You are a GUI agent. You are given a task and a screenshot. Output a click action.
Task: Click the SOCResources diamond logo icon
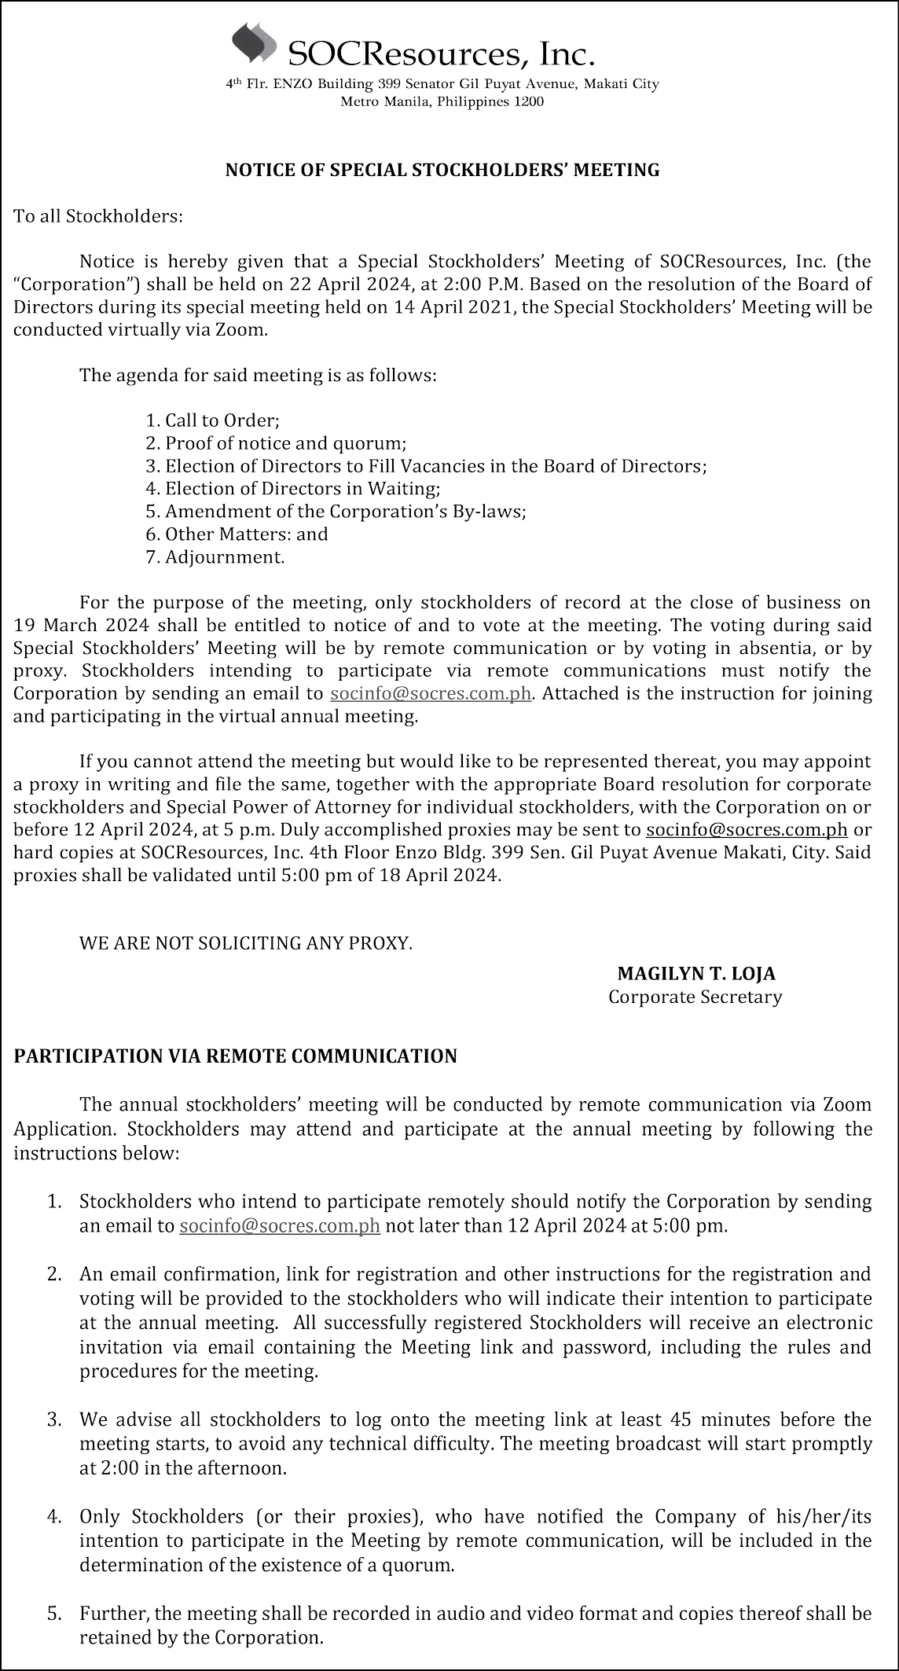[x=254, y=43]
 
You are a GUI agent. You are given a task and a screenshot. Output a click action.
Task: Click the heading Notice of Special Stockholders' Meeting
[x=442, y=170]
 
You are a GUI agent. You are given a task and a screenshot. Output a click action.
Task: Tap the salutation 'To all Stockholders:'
[x=98, y=216]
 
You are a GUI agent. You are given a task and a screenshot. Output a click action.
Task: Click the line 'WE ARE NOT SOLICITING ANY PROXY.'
[x=246, y=942]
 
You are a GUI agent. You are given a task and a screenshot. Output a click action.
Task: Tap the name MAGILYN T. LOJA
[x=696, y=974]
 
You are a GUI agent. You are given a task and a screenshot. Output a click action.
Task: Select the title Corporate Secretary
[x=695, y=997]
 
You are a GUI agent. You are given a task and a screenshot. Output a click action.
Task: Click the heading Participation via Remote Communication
[x=235, y=1056]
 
